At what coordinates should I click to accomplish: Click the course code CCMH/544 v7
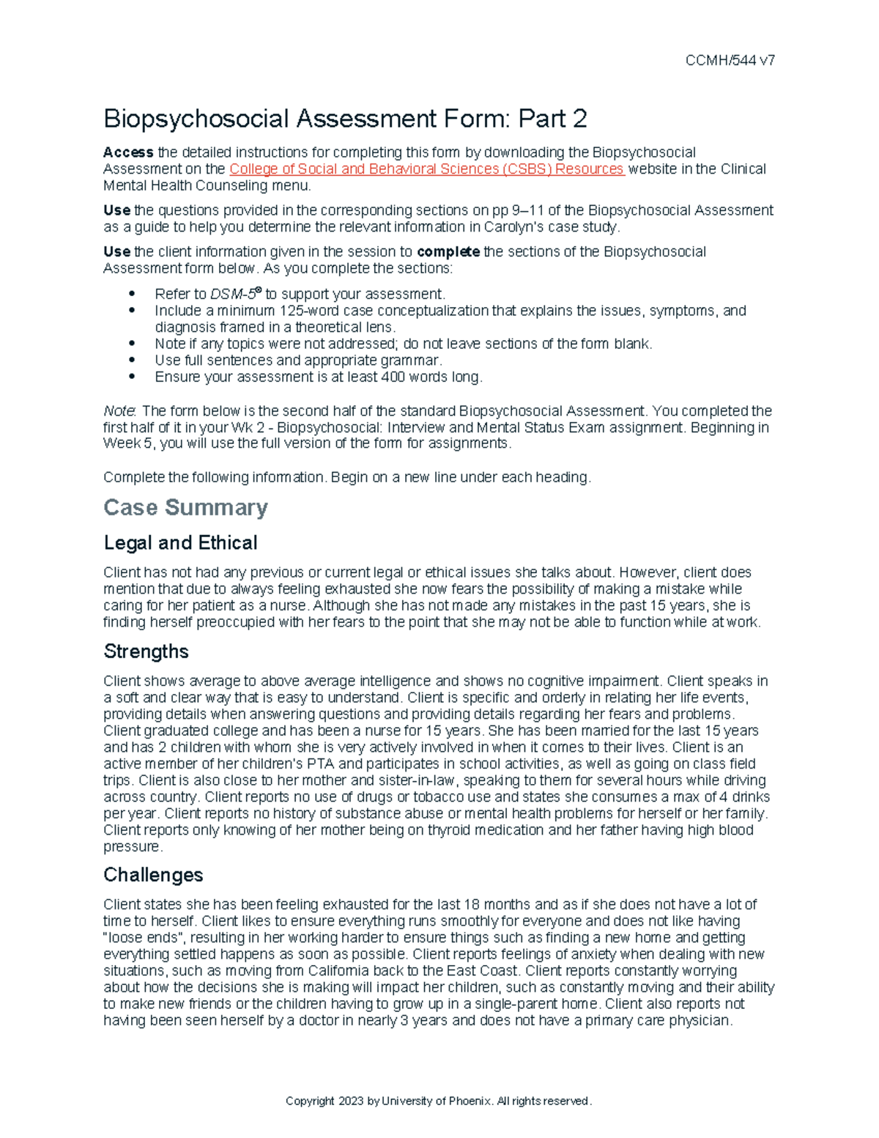(730, 61)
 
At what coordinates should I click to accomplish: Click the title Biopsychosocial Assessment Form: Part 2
(345, 119)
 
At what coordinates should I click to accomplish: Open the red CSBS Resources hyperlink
(426, 169)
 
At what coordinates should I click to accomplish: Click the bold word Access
(128, 152)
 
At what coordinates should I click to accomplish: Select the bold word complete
(448, 252)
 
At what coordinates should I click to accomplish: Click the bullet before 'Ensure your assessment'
(133, 377)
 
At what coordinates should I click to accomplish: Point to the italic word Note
(118, 411)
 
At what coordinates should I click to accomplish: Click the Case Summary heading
(185, 507)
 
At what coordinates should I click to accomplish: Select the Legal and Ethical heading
(180, 543)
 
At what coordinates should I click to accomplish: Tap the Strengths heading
(146, 651)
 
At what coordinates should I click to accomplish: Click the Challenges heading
(153, 875)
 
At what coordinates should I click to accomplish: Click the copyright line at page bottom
(438, 1101)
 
